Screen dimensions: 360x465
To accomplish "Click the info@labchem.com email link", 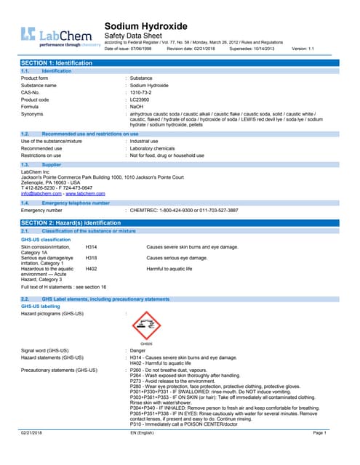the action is pyautogui.click(x=41, y=193).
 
